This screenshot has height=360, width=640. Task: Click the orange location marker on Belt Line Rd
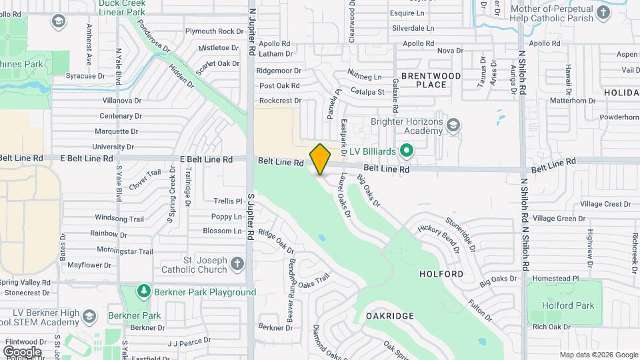321,159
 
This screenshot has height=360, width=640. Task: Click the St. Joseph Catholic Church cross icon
237,265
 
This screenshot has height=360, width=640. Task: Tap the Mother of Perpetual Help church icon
603,13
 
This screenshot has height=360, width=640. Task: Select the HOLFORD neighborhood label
441,274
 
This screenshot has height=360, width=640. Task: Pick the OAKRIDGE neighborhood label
390,315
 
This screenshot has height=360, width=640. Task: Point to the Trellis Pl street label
227,201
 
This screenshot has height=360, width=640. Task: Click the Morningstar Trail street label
125,251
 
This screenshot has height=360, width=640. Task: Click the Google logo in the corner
22,351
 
